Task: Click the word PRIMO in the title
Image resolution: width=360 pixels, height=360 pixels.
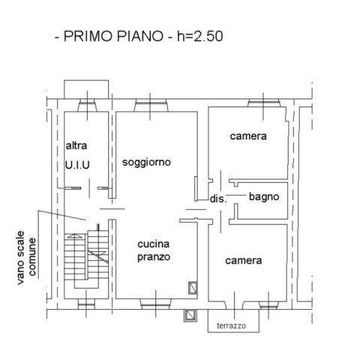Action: (x=88, y=36)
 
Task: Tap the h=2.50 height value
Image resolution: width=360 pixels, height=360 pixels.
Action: (x=200, y=36)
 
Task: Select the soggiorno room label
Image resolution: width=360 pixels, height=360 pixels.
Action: (x=146, y=163)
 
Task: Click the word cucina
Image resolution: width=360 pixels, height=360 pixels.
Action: (x=154, y=244)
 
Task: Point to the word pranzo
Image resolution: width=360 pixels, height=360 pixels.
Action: (x=154, y=257)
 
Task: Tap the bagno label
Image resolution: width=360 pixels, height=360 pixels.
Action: (x=264, y=197)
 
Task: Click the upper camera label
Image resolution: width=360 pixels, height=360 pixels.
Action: (x=248, y=136)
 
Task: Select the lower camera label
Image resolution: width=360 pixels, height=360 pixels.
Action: (x=244, y=261)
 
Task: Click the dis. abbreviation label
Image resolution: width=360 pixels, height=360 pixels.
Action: (x=218, y=199)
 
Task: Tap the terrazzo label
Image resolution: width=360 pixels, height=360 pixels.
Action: (x=231, y=325)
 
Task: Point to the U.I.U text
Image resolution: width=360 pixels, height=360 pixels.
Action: (x=77, y=165)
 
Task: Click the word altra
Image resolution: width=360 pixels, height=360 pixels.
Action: (x=76, y=145)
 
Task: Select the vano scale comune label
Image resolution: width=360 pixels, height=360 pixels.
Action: (x=26, y=257)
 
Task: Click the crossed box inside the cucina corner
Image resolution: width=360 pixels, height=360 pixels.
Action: (x=193, y=288)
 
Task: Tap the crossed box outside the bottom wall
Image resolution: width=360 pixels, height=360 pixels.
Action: (x=190, y=316)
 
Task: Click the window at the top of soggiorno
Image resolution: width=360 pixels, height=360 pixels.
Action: (x=151, y=105)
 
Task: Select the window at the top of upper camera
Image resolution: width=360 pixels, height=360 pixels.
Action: (x=264, y=103)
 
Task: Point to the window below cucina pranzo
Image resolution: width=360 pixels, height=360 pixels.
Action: (x=156, y=304)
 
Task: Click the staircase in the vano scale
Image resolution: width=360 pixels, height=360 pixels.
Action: (x=86, y=260)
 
